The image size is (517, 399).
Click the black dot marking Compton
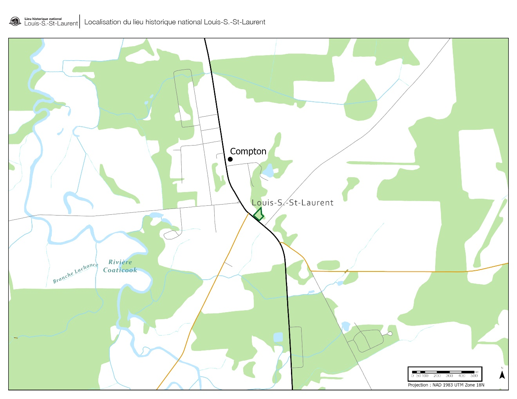pyautogui.click(x=230, y=159)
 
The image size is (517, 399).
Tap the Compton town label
pyautogui.click(x=248, y=151)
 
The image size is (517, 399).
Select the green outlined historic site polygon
pyautogui.click(x=258, y=214)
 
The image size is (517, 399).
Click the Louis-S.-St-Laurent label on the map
pyautogui.click(x=293, y=203)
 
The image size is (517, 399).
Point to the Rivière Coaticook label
pyautogui.click(x=120, y=266)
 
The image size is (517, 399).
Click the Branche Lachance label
pyautogui.click(x=75, y=273)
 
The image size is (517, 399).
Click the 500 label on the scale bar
pyautogui.click(x=474, y=376)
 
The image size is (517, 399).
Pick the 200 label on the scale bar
pyautogui.click(x=437, y=376)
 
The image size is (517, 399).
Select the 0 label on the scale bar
pyautogui.click(x=412, y=376)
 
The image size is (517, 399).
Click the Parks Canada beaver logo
pyautogui.click(x=15, y=21)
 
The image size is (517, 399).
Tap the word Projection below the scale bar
pyautogui.click(x=418, y=385)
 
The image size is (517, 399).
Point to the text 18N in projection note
pyautogui.click(x=480, y=385)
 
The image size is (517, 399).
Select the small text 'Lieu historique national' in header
pyautogui.click(x=43, y=19)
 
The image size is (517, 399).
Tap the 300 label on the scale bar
pyautogui.click(x=449, y=376)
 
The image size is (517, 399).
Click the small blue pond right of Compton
pyautogui.click(x=268, y=171)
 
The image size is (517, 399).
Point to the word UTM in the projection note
pyautogui.click(x=459, y=385)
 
